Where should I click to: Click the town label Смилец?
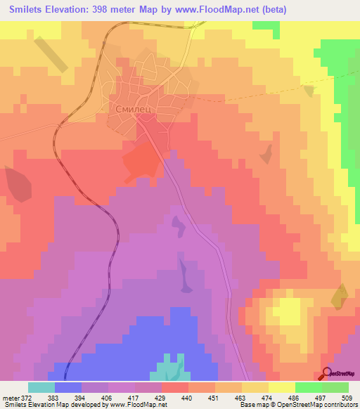(x=132, y=110)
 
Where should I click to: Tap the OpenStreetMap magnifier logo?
(x=328, y=373)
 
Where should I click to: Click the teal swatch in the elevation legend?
(x=41, y=387)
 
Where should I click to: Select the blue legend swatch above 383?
(x=68, y=387)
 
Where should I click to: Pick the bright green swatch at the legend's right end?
(x=335, y=387)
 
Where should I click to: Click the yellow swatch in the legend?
(x=281, y=387)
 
